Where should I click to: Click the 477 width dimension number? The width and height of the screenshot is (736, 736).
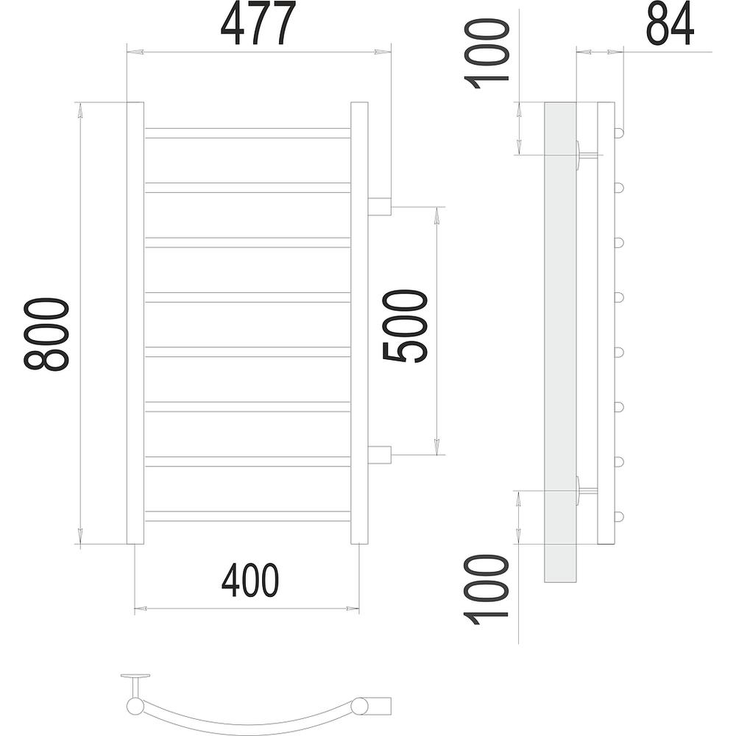click(258, 23)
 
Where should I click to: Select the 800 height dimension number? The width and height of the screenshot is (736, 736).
click(46, 334)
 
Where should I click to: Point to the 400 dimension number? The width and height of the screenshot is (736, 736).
click(250, 580)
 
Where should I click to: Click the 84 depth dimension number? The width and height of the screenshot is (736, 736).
click(670, 23)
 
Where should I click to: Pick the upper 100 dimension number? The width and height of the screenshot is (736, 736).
click(486, 54)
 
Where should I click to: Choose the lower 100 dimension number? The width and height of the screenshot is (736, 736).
click(486, 590)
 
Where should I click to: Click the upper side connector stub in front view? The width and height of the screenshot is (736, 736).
click(379, 207)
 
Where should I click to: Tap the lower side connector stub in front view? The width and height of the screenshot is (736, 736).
click(379, 455)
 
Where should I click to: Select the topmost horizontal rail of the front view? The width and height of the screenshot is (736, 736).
click(247, 132)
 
